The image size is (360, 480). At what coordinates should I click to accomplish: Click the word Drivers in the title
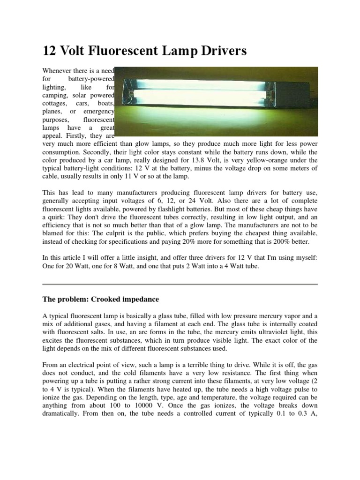[x=219, y=51]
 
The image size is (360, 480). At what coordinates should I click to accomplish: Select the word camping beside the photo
[x=56, y=95]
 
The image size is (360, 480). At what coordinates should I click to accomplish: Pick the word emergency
[x=98, y=112]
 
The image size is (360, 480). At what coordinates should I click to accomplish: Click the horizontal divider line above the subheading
[x=180, y=284]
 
